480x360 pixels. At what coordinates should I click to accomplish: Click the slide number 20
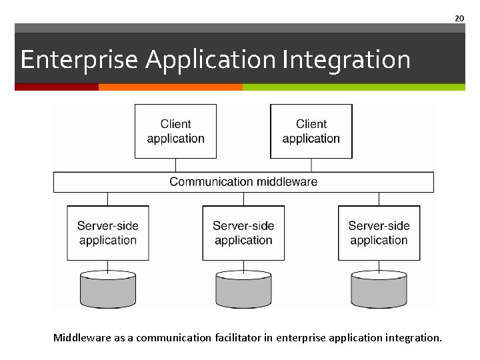click(x=459, y=18)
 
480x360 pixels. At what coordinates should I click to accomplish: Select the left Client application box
click(x=175, y=131)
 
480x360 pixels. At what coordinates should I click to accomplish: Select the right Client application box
click(x=311, y=131)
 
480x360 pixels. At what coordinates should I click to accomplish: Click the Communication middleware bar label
click(x=243, y=182)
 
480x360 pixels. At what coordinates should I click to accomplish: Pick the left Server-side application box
click(x=108, y=233)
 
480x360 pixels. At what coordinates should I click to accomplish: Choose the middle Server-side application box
click(x=243, y=233)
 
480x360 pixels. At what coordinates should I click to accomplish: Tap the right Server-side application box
click(x=379, y=233)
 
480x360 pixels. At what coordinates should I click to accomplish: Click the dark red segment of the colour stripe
click(x=57, y=87)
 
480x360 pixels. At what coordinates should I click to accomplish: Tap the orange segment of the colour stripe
click(x=170, y=87)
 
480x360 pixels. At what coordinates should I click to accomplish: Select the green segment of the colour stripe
click(x=353, y=87)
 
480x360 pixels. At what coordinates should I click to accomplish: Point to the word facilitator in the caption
click(x=237, y=338)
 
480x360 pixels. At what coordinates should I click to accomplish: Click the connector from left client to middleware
click(x=175, y=165)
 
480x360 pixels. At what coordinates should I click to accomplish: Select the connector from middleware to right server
click(x=379, y=199)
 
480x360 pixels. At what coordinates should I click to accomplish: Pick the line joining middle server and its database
click(x=243, y=265)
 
